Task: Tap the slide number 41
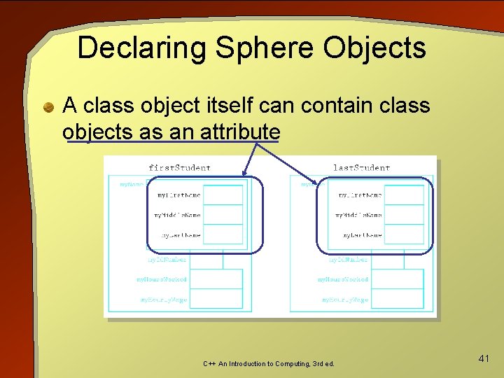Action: pyautogui.click(x=483, y=358)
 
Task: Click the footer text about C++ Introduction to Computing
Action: pyautogui.click(x=269, y=364)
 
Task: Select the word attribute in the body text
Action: pyautogui.click(x=240, y=132)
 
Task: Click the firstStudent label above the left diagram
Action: pyautogui.click(x=179, y=168)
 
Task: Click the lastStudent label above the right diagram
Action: pyautogui.click(x=360, y=168)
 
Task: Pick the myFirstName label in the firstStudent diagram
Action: pyautogui.click(x=178, y=195)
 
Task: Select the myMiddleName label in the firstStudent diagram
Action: pyautogui.click(x=177, y=215)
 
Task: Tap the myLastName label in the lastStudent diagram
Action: pyautogui.click(x=362, y=235)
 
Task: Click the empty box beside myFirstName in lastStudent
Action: pyautogui.click(x=404, y=195)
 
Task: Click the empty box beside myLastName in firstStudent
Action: pyautogui.click(x=223, y=234)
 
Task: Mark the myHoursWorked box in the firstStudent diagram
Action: pyautogui.click(x=216, y=279)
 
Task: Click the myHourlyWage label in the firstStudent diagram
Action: pyautogui.click(x=162, y=300)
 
